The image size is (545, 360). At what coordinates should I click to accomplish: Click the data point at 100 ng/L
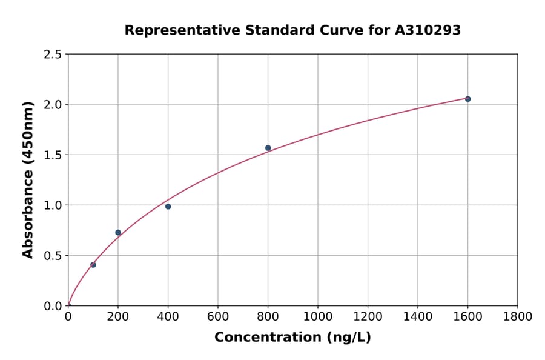pos(93,265)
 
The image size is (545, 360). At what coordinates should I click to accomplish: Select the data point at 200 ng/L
pos(118,233)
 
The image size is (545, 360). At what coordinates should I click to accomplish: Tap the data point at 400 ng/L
pos(168,207)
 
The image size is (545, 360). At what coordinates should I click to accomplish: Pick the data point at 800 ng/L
pos(268,148)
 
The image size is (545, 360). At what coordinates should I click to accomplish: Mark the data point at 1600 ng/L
pos(467,99)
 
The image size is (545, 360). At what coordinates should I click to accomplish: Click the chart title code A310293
pos(428,30)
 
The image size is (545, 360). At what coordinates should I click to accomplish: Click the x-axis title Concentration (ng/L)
pos(292,338)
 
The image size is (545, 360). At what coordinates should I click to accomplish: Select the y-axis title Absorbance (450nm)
pos(28,179)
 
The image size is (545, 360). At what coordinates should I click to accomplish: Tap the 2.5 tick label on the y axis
pos(52,55)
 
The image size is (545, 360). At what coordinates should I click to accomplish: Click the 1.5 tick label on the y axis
pos(52,155)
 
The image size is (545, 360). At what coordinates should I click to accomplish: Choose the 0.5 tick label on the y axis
pos(52,256)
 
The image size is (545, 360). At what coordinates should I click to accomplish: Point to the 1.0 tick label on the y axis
pos(52,205)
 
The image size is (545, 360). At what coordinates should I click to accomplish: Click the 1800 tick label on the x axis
pos(517,316)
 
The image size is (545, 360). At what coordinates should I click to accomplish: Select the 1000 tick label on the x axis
pos(317,316)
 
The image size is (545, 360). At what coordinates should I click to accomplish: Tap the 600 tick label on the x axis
pos(218,316)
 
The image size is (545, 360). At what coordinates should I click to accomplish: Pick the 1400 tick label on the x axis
pos(417,316)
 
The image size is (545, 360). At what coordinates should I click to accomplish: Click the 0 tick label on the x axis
pos(68,316)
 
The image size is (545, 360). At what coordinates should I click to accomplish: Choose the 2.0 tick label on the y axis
pos(52,105)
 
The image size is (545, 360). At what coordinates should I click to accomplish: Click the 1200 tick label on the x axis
pos(368,316)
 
